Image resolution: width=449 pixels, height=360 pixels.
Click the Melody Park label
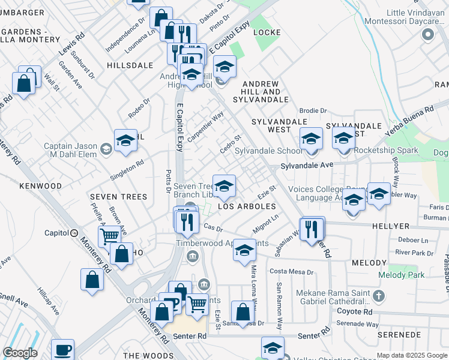pyautogui.click(x=401, y=275)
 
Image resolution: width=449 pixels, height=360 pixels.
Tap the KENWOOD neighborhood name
pyautogui.click(x=40, y=186)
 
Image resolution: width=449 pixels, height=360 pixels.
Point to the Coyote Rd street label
pyautogui.click(x=354, y=312)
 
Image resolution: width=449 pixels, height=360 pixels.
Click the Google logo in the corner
pyautogui.click(x=20, y=353)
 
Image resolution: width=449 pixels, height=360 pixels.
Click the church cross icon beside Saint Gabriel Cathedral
pyautogui.click(x=378, y=296)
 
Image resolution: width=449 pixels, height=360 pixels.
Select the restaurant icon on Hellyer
pyautogui.click(x=312, y=229)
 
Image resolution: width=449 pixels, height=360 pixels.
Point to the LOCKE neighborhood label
pyautogui.click(x=267, y=32)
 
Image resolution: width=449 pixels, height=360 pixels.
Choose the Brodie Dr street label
pyautogui.click(x=313, y=111)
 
